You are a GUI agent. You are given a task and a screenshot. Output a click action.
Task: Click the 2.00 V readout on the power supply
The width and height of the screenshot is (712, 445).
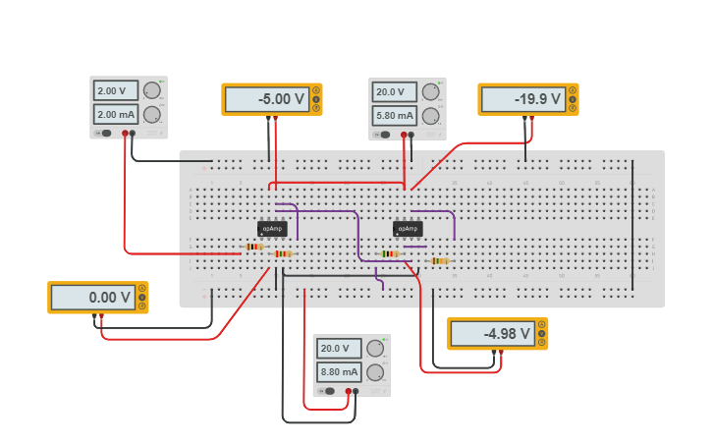click(x=116, y=90)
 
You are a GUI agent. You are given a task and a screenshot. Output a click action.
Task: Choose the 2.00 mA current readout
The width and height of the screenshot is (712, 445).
click(x=116, y=114)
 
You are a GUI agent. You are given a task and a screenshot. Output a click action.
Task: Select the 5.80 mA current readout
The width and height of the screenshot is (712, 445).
click(x=395, y=115)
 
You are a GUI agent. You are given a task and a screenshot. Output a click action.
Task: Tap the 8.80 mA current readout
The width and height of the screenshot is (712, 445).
click(x=339, y=372)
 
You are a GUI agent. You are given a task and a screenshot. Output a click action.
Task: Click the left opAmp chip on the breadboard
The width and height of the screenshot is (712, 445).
click(x=272, y=229)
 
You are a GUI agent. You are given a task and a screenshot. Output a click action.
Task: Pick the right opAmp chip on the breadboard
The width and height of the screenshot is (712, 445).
click(x=408, y=229)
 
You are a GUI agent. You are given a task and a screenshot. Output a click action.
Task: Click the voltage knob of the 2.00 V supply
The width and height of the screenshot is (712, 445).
click(x=151, y=90)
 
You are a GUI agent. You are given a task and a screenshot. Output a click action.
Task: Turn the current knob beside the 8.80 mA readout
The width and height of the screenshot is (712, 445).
click(x=374, y=372)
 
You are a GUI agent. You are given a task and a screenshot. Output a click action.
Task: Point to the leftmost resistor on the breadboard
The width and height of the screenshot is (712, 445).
click(x=253, y=247)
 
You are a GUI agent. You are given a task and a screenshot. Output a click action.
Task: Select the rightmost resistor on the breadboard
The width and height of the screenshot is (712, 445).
click(x=440, y=260)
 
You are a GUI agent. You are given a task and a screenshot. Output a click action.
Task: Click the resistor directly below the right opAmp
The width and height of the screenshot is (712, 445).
click(x=390, y=253)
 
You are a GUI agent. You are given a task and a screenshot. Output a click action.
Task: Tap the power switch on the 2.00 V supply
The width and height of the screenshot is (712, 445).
click(x=103, y=133)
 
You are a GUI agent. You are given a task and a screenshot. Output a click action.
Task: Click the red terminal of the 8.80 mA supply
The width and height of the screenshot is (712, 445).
click(x=348, y=391)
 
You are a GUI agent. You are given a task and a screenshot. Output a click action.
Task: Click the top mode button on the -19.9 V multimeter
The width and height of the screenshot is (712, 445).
click(x=572, y=90)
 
